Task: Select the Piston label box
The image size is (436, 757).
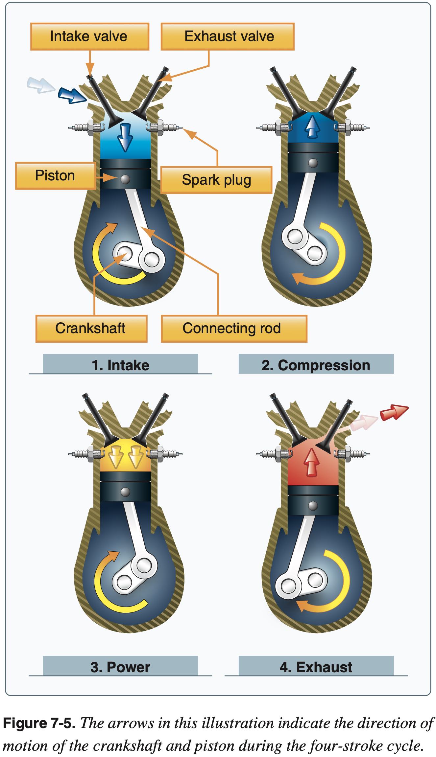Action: [55, 175]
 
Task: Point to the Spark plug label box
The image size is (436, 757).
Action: [216, 180]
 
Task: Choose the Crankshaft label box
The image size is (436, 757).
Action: [91, 328]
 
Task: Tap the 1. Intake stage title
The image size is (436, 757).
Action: [120, 365]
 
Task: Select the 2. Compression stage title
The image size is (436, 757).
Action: [316, 365]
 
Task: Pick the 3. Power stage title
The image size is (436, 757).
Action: [120, 667]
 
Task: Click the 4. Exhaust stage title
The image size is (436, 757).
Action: [316, 667]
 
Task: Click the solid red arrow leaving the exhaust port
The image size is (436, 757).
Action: [394, 412]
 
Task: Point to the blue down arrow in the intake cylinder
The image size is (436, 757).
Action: [125, 136]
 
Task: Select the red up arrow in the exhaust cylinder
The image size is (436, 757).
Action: [312, 463]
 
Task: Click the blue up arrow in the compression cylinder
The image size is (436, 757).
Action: [312, 127]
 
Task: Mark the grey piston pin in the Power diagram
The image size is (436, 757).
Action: [125, 492]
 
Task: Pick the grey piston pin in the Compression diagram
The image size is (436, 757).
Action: [313, 163]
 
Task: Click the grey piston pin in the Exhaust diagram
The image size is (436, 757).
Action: [313, 506]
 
